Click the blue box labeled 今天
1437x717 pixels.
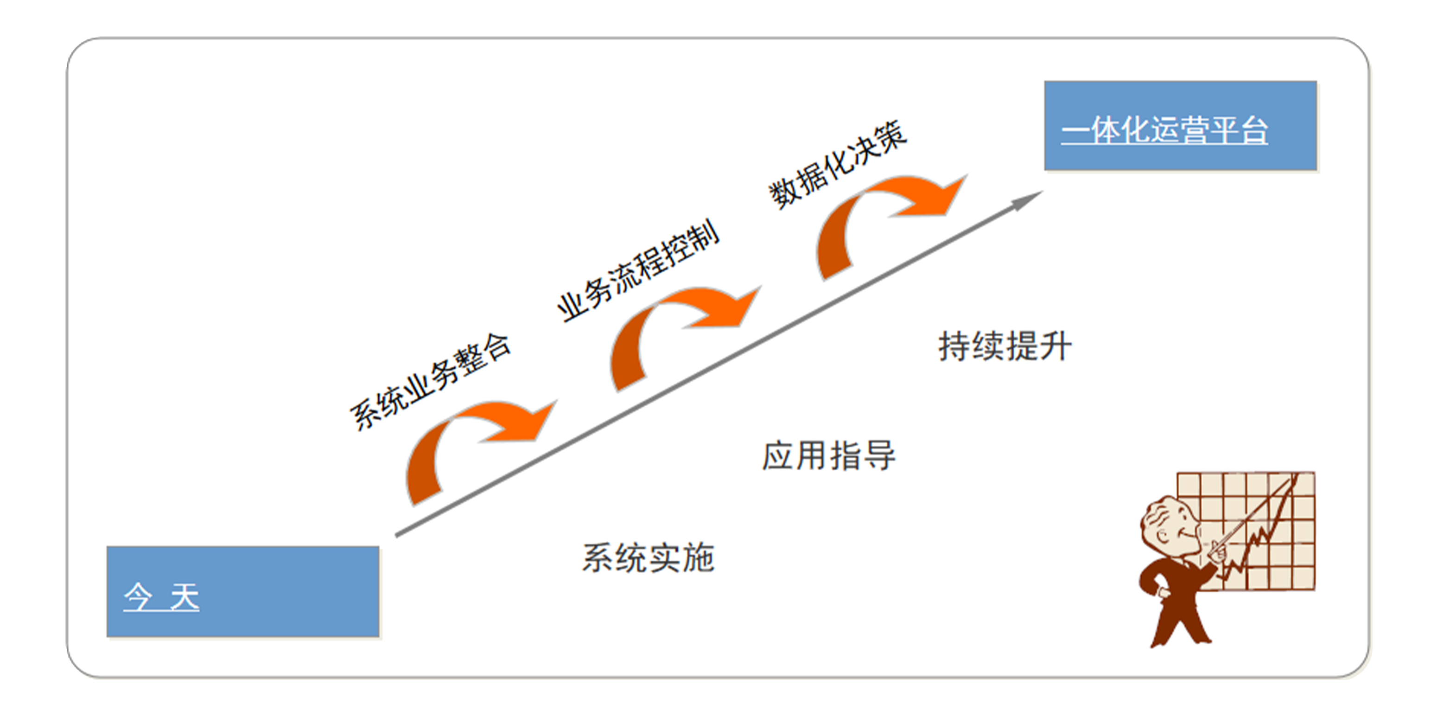coord(242,591)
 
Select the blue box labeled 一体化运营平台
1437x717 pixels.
coord(1180,126)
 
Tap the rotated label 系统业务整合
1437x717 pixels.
coord(430,382)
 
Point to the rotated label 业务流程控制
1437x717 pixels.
coord(638,271)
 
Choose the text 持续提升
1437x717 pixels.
coord(1005,346)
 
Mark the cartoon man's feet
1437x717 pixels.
coord(1180,639)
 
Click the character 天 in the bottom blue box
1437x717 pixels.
coord(184,596)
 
